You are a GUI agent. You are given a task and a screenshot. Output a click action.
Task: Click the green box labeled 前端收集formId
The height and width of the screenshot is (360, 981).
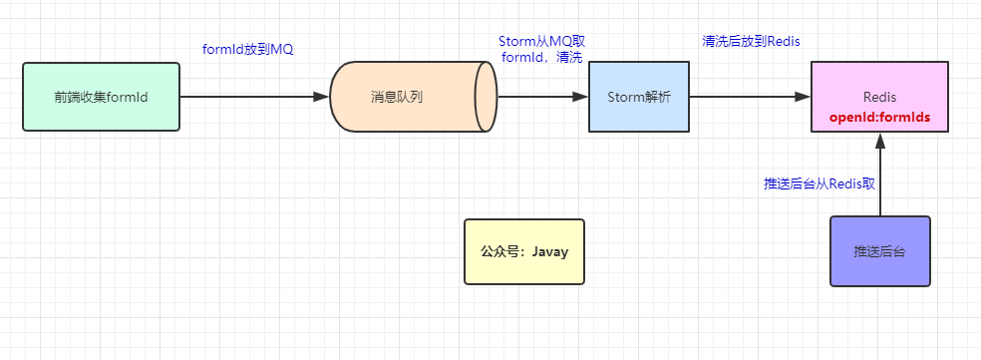(101, 97)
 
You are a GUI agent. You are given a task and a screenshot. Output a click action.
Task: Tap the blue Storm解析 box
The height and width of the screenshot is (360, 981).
(638, 97)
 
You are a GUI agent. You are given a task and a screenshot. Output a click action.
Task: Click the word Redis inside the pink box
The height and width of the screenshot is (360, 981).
(880, 97)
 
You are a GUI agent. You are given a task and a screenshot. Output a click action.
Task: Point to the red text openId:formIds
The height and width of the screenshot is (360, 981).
(880, 117)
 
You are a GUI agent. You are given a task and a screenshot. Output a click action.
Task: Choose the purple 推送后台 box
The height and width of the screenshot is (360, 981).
(880, 251)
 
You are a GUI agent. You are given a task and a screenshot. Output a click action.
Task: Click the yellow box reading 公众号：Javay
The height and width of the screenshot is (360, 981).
(524, 251)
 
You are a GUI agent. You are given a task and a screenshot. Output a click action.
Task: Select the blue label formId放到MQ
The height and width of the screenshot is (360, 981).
(247, 50)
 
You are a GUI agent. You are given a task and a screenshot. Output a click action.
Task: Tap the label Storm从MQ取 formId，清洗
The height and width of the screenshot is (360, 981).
(541, 49)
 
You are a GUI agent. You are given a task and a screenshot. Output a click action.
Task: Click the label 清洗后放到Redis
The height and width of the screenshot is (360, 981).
(751, 41)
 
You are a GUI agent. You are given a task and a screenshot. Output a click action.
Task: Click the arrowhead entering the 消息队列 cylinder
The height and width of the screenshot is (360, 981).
(321, 97)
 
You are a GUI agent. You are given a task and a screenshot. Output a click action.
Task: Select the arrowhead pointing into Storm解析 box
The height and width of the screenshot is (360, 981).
(580, 97)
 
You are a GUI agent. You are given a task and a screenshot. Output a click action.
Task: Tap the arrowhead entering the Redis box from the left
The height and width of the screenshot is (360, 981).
(803, 97)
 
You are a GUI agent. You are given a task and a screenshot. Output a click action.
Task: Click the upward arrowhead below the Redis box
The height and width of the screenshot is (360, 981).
(880, 142)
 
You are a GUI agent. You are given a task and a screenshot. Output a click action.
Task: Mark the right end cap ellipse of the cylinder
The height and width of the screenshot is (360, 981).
(487, 97)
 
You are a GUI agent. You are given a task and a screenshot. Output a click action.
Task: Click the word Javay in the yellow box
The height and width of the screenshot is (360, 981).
(549, 251)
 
